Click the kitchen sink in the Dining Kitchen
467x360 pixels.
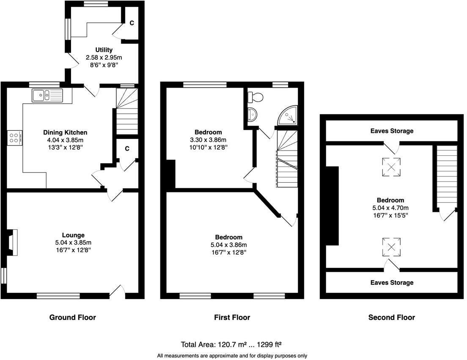[47, 95]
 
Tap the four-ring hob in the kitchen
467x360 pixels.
[14, 138]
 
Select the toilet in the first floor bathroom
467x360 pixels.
[255, 96]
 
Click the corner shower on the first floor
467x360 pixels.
[288, 115]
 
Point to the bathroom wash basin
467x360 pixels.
[252, 114]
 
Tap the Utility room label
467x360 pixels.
[104, 50]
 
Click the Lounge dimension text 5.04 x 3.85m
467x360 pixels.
[73, 243]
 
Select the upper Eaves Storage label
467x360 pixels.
[392, 131]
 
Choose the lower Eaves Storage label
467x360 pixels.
[392, 282]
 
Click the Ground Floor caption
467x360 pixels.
[73, 317]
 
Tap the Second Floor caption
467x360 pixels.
[392, 317]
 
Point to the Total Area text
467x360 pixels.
[231, 344]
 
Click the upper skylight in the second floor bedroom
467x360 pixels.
[391, 167]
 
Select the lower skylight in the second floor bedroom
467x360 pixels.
[391, 247]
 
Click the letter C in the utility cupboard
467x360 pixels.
[132, 23]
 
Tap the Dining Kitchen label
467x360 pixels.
[65, 132]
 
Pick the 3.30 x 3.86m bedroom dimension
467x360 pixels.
[208, 140]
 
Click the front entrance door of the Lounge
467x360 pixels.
[117, 291]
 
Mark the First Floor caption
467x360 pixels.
[232, 317]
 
